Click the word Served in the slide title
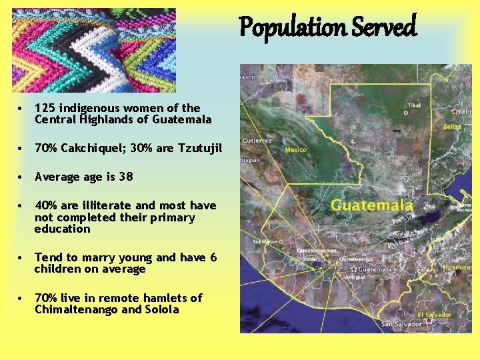click(385, 28)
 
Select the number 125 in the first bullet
click(45, 108)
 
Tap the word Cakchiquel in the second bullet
click(87, 148)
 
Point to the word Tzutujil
click(199, 148)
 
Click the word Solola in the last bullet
click(162, 309)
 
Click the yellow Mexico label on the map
click(296, 149)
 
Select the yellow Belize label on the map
click(453, 126)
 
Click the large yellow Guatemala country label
click(372, 205)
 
